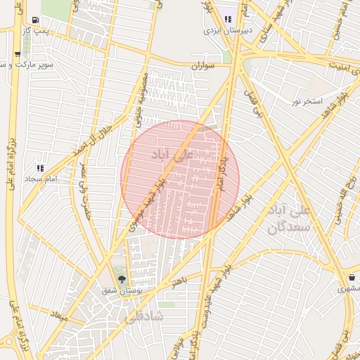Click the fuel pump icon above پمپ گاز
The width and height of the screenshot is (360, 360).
click(36, 20)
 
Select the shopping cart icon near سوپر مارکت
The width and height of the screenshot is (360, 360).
click(17, 53)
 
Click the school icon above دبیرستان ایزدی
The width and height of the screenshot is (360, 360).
click(227, 19)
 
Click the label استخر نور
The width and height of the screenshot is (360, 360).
click(307, 101)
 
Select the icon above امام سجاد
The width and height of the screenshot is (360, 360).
click(40, 168)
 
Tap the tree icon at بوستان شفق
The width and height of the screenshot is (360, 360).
click(122, 280)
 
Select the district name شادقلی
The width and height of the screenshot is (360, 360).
click(143, 317)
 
